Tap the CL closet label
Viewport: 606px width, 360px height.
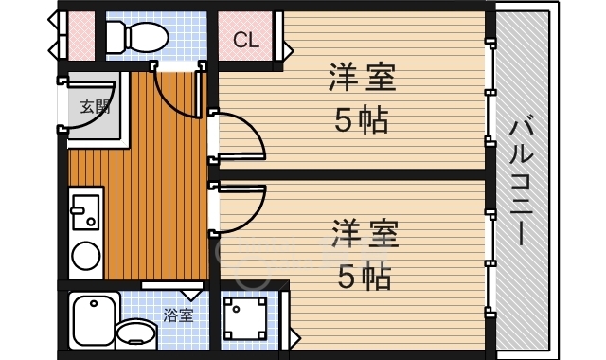[246, 41]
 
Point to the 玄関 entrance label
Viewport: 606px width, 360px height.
[94, 106]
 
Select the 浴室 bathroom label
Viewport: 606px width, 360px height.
[178, 315]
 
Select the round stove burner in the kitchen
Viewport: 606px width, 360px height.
[86, 256]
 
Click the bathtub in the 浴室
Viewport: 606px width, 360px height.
[93, 320]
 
